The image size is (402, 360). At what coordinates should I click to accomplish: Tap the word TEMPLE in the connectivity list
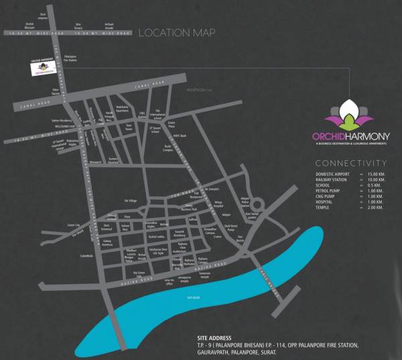323,207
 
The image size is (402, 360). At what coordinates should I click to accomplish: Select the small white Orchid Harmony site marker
43,66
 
